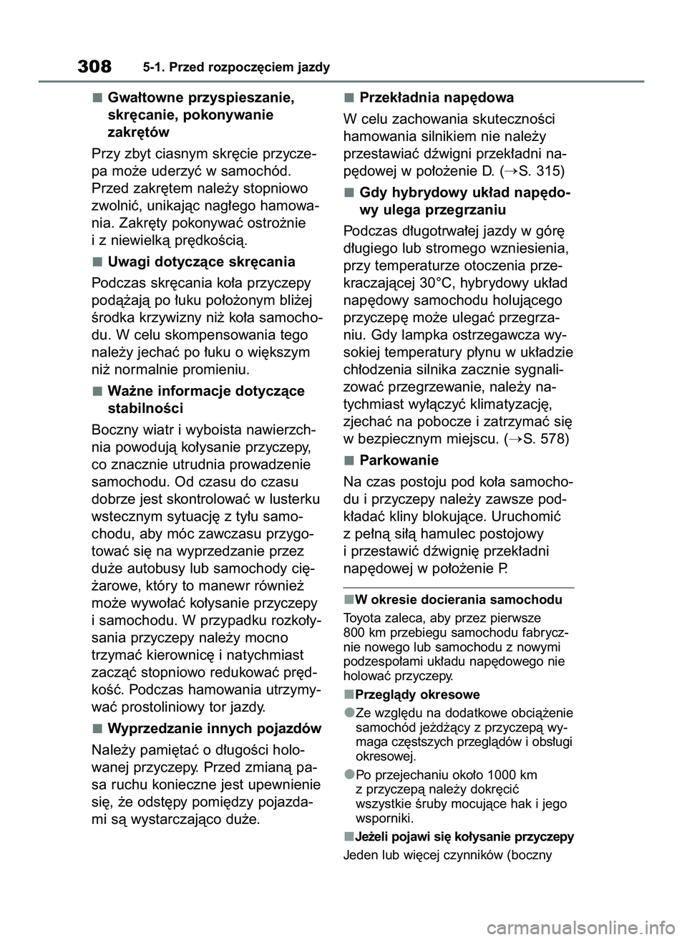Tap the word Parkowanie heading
point(399,460)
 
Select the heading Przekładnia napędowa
point(437,97)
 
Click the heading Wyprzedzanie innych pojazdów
point(214,728)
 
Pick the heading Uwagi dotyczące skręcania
point(201,261)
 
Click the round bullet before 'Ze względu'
point(348,713)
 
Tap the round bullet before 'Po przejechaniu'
point(348,775)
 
